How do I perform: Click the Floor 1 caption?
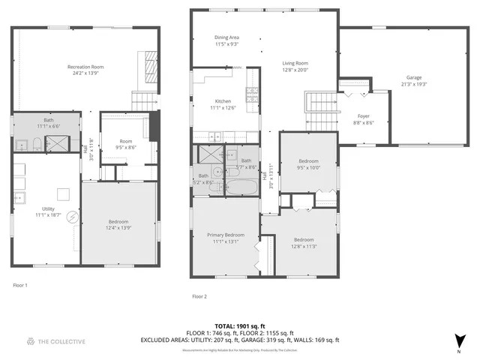(20, 286)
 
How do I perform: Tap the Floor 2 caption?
(199, 297)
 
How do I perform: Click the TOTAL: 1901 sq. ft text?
(240, 326)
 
